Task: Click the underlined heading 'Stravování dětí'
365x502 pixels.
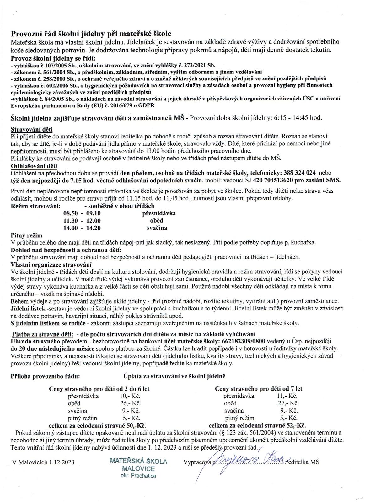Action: click(x=32, y=129)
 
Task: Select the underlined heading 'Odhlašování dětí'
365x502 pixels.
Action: click(x=34, y=166)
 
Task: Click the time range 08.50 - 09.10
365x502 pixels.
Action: click(x=82, y=213)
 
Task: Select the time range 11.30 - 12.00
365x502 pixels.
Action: click(x=82, y=221)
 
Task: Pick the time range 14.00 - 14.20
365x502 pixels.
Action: click(x=82, y=228)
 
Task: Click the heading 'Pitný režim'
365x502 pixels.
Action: click(x=26, y=235)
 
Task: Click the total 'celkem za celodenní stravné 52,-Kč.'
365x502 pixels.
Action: click(x=257, y=426)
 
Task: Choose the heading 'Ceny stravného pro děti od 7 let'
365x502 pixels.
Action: click(x=259, y=389)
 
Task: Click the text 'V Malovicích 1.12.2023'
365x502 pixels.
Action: click(x=43, y=462)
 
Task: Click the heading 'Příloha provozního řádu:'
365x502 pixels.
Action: click(x=45, y=376)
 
